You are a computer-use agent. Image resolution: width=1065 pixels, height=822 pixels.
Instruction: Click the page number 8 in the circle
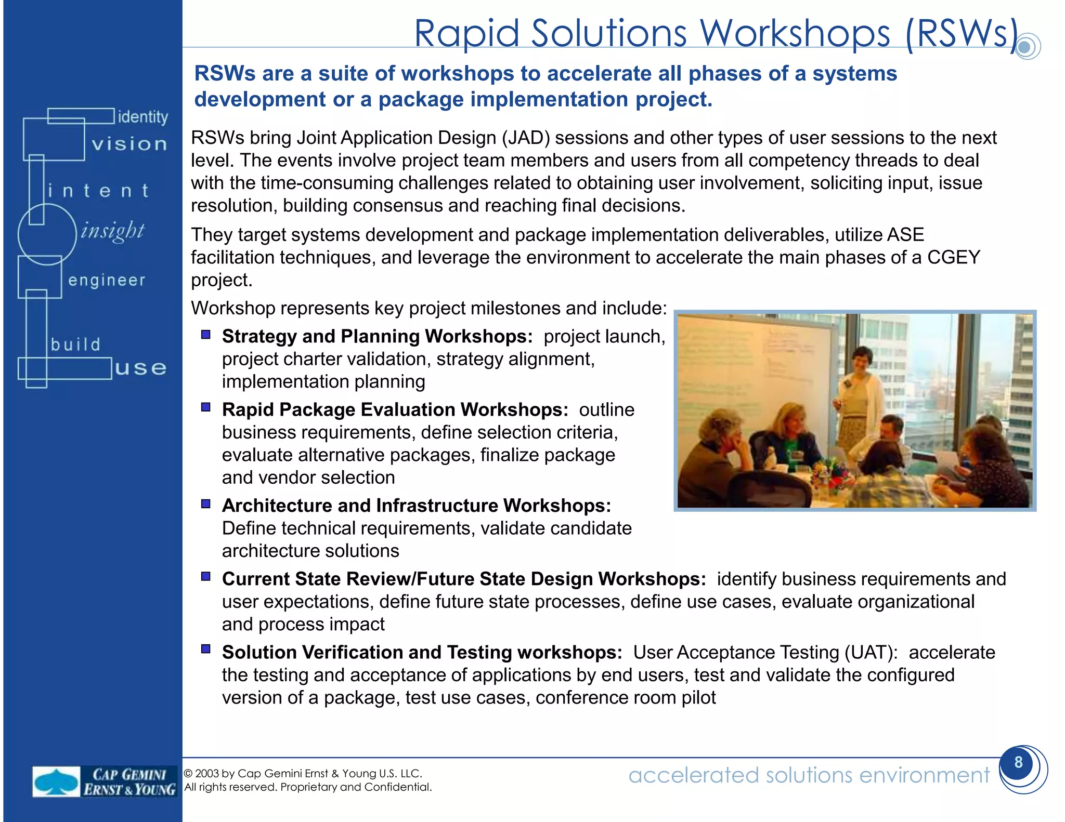tap(1018, 762)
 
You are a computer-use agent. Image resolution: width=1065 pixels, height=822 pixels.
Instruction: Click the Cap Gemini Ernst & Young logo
tap(104, 781)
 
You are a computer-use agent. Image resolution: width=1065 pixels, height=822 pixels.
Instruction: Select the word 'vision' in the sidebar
tap(129, 144)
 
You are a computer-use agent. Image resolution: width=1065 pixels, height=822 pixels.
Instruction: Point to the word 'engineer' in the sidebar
tap(107, 281)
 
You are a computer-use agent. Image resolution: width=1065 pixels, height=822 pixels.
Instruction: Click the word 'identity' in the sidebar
tap(142, 117)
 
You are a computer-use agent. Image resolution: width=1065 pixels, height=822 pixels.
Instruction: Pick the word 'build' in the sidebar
tap(75, 344)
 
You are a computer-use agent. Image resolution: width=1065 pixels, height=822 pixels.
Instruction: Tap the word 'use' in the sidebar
tap(140, 368)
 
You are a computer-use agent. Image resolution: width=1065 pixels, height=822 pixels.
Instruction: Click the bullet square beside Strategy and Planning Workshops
tap(206, 335)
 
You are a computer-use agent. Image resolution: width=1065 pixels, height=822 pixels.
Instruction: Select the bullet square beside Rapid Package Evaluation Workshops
tap(206, 407)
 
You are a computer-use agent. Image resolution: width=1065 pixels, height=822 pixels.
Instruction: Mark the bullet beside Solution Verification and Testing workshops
tap(206, 649)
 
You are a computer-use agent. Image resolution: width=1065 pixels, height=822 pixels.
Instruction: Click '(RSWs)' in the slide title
tap(961, 34)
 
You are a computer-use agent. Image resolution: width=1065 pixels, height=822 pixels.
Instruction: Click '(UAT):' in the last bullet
tap(871, 653)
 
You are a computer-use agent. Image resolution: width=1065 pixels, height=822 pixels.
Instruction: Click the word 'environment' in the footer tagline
tap(924, 775)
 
